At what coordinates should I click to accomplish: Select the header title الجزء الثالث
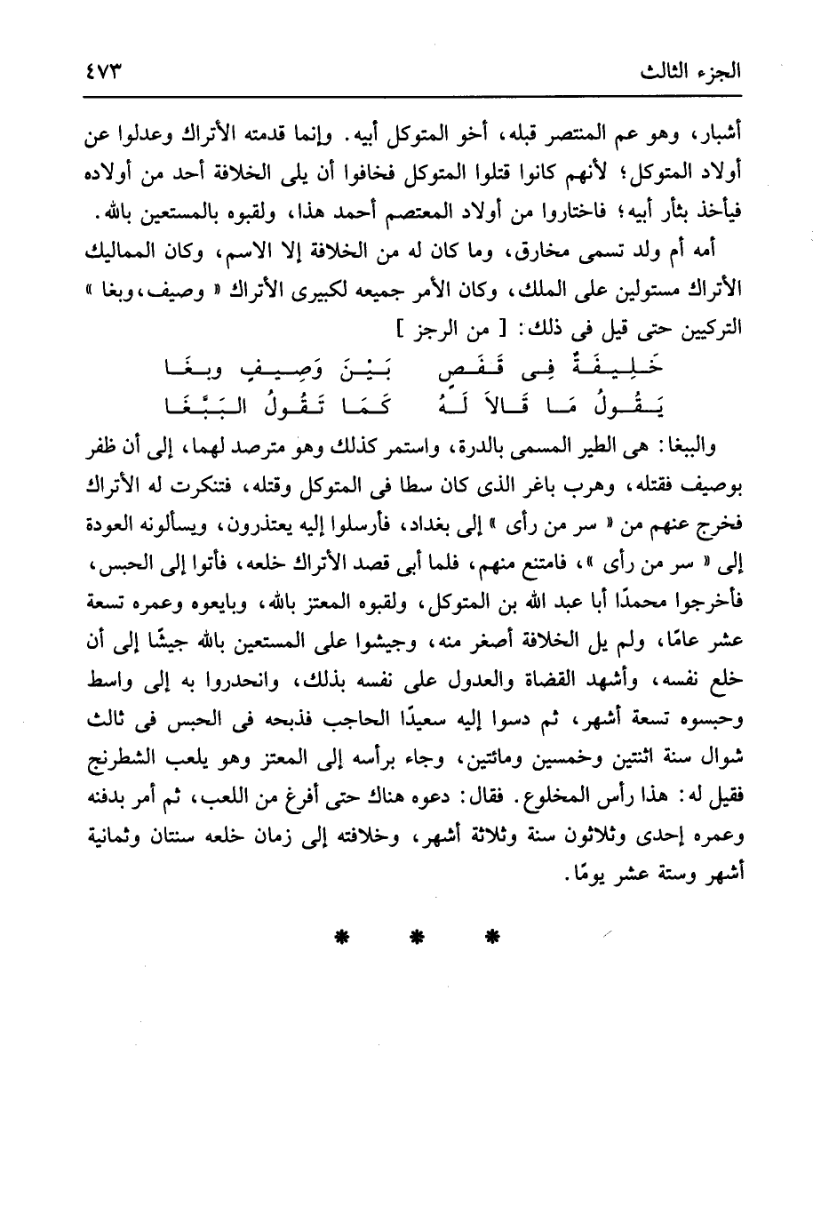click(x=705, y=71)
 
